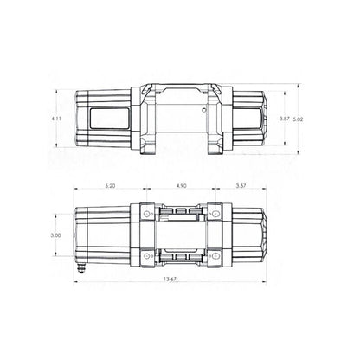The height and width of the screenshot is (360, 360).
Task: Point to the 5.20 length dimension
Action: coord(108,185)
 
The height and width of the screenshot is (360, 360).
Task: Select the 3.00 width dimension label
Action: coord(55,235)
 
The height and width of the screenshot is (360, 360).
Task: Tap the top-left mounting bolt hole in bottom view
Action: coord(145,213)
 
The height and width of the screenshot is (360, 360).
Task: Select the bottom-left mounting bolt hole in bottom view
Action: coord(145,256)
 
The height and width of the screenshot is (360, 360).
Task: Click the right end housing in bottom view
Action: coord(251,235)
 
